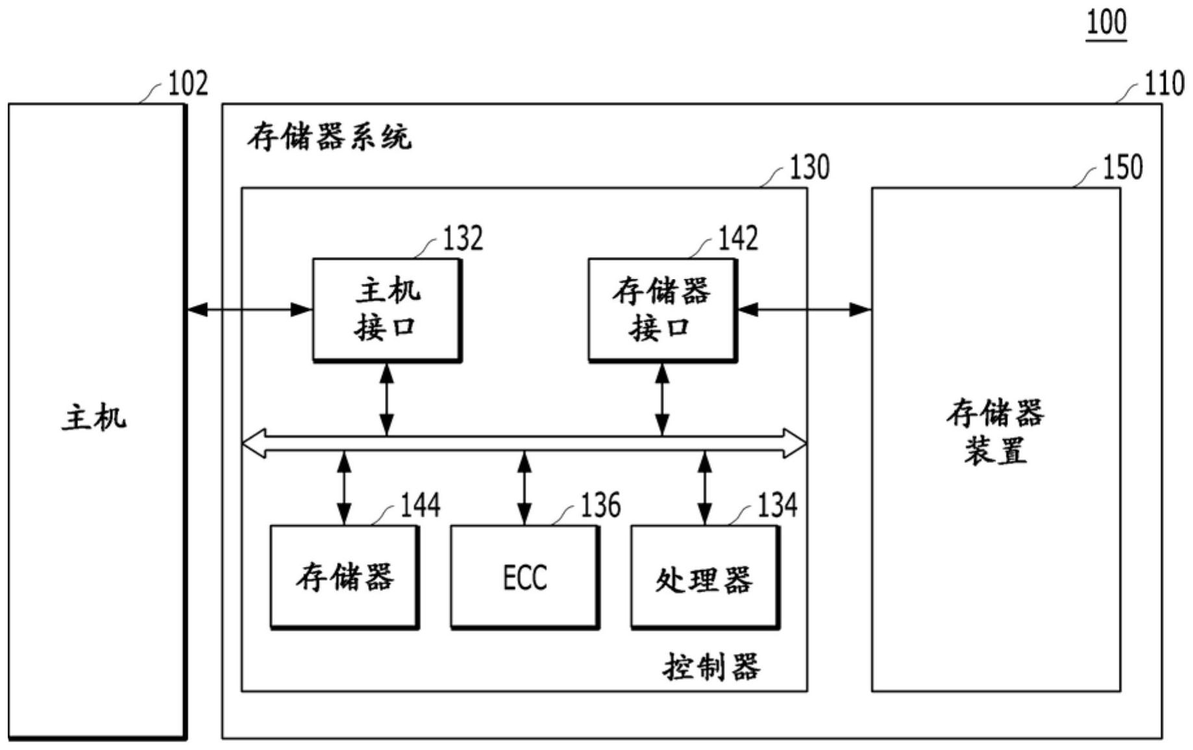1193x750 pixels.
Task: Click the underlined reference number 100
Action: pos(1106,22)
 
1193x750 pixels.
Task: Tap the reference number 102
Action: pos(188,84)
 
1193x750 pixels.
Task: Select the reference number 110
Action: pos(1164,84)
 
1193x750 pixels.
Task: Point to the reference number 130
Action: pos(809,168)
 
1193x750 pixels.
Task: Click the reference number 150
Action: pos(1122,168)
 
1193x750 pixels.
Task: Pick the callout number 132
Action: pos(463,238)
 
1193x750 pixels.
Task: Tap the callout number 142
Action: pos(738,238)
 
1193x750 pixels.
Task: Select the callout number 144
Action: pos(420,505)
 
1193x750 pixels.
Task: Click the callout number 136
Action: pos(600,505)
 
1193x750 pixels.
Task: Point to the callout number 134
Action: pos(778,505)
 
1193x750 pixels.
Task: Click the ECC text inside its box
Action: pos(524,577)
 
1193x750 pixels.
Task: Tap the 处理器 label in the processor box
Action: pos(704,579)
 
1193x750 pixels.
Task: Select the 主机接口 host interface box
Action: pos(387,310)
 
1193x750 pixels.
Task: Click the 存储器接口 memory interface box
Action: pos(662,310)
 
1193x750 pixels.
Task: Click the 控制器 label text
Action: pos(711,667)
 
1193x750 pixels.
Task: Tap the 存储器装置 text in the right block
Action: pos(995,432)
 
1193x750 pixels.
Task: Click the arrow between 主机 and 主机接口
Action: pos(250,310)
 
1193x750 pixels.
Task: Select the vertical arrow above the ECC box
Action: pos(524,489)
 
